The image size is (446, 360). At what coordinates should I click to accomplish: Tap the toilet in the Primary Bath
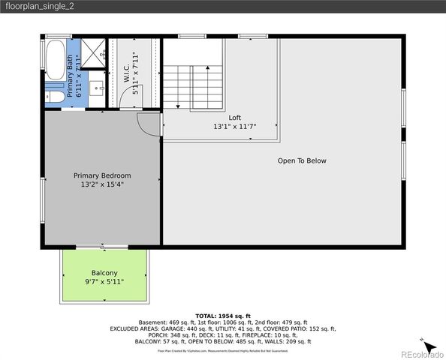tap(54, 98)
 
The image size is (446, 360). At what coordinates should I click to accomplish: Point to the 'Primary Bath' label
tap(71, 75)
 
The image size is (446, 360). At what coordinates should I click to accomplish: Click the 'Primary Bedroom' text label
tap(102, 175)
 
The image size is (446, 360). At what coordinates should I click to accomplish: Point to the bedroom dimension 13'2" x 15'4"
tap(102, 184)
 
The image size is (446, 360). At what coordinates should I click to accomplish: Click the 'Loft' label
tap(235, 118)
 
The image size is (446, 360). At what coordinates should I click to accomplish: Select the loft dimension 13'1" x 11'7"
tap(235, 127)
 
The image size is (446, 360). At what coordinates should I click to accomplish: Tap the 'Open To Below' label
tap(302, 160)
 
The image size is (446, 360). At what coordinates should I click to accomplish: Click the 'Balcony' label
tap(104, 273)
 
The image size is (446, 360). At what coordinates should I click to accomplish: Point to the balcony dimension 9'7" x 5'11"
tap(104, 282)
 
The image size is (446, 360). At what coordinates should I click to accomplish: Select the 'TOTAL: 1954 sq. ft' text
tap(223, 316)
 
